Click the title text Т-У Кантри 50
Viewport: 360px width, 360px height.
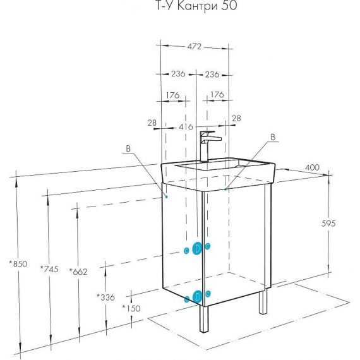pyautogui.click(x=196, y=6)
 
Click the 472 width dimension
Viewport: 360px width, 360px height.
pyautogui.click(x=195, y=47)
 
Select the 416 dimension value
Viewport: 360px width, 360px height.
pyautogui.click(x=186, y=127)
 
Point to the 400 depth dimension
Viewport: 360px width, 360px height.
pyautogui.click(x=312, y=167)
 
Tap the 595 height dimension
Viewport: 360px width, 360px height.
pyautogui.click(x=328, y=223)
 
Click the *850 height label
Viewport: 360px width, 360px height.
pyautogui.click(x=18, y=264)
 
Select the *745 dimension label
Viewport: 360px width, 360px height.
pyautogui.click(x=49, y=269)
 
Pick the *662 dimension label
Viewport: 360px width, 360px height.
pyautogui.click(x=78, y=272)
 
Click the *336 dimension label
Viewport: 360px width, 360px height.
pyautogui.click(x=105, y=297)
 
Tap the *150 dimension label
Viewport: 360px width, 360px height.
pyautogui.click(x=131, y=308)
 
